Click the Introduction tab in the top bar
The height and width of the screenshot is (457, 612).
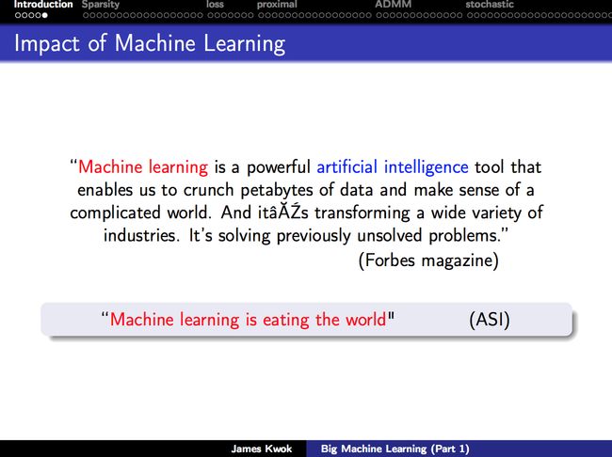[43, 5]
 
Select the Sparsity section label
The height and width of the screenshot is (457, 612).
[101, 5]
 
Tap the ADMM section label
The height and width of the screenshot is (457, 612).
[393, 5]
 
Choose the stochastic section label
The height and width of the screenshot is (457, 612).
[490, 5]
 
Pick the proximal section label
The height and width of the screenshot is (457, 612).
[277, 5]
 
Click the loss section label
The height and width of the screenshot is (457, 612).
[215, 5]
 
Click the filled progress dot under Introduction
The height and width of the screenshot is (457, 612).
[45, 16]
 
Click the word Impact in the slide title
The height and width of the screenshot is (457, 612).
[47, 43]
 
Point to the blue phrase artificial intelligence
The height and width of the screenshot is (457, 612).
[393, 167]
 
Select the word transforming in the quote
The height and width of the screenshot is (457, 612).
[362, 213]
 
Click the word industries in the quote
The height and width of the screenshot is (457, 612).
[139, 235]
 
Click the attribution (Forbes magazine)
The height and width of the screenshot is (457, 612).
[428, 260]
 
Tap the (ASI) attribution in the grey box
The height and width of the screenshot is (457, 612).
[490, 320]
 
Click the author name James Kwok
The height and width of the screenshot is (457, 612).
[262, 449]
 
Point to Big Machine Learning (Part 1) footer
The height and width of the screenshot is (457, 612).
[395, 449]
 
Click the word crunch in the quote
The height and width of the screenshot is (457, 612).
[208, 190]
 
